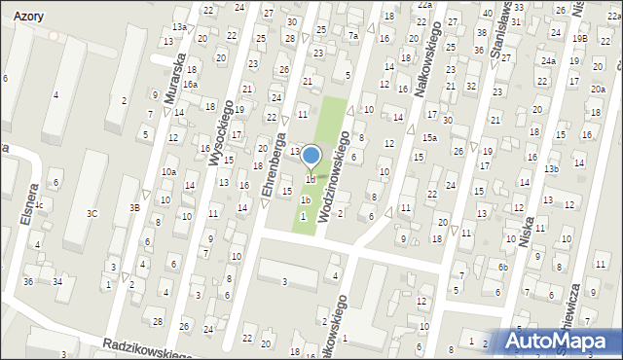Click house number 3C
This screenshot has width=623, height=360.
(x=92, y=213)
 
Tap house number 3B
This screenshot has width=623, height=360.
(x=136, y=207)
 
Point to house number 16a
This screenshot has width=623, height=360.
(x=191, y=85)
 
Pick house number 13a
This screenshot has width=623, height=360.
(x=179, y=26)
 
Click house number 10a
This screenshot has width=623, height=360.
(x=168, y=172)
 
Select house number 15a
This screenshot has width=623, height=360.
(x=429, y=138)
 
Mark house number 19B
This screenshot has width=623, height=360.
(x=579, y=38)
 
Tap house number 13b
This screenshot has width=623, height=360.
(x=551, y=169)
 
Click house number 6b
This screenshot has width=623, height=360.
(x=502, y=267)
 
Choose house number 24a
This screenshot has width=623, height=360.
(x=548, y=60)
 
